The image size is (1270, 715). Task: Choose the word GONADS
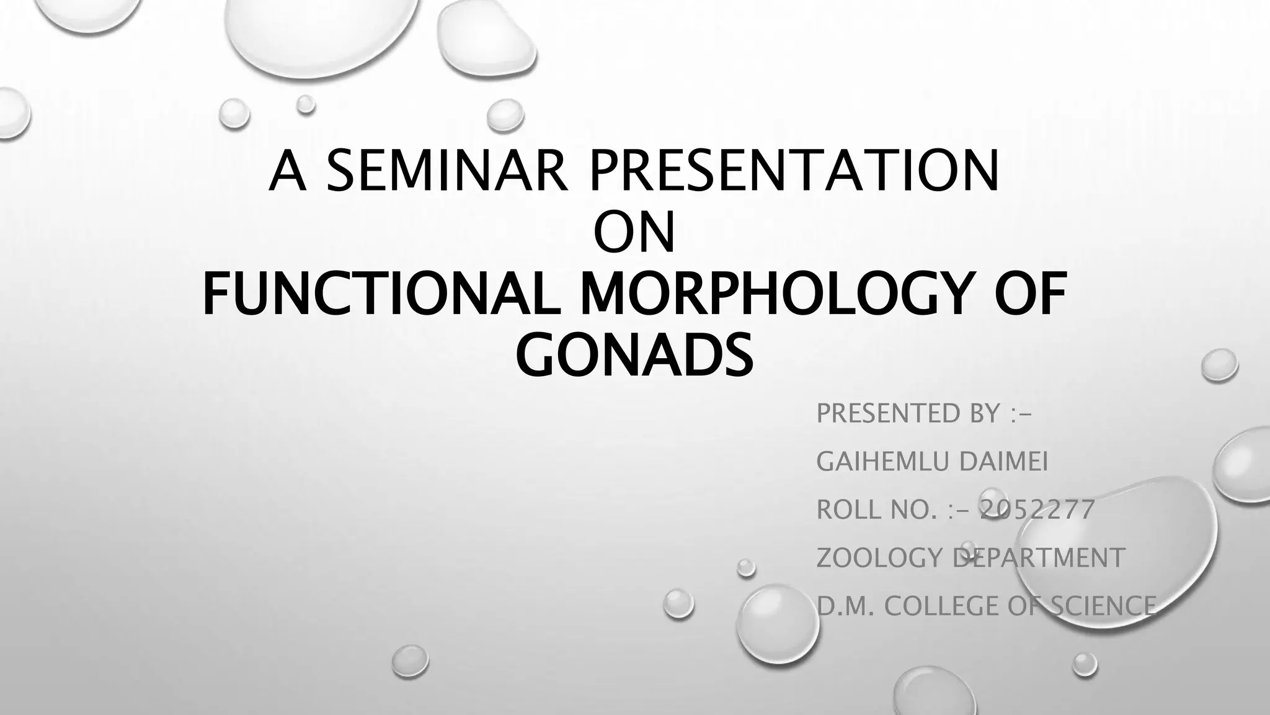[634, 354]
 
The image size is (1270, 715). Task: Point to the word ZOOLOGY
[880, 558]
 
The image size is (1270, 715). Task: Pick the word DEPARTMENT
[1038, 558]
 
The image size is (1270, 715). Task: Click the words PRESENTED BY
[908, 413]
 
